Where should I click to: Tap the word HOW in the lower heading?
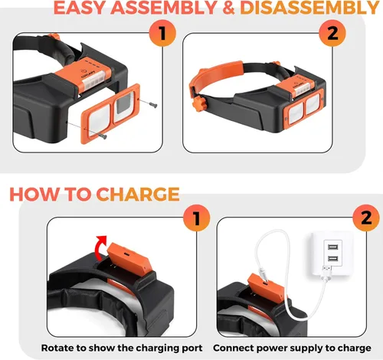pos(36,194)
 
